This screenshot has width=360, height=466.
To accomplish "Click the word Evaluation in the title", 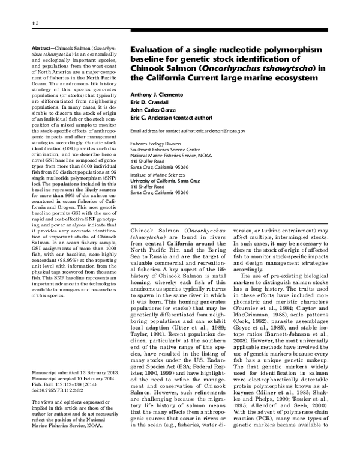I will click(x=154, y=49).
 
